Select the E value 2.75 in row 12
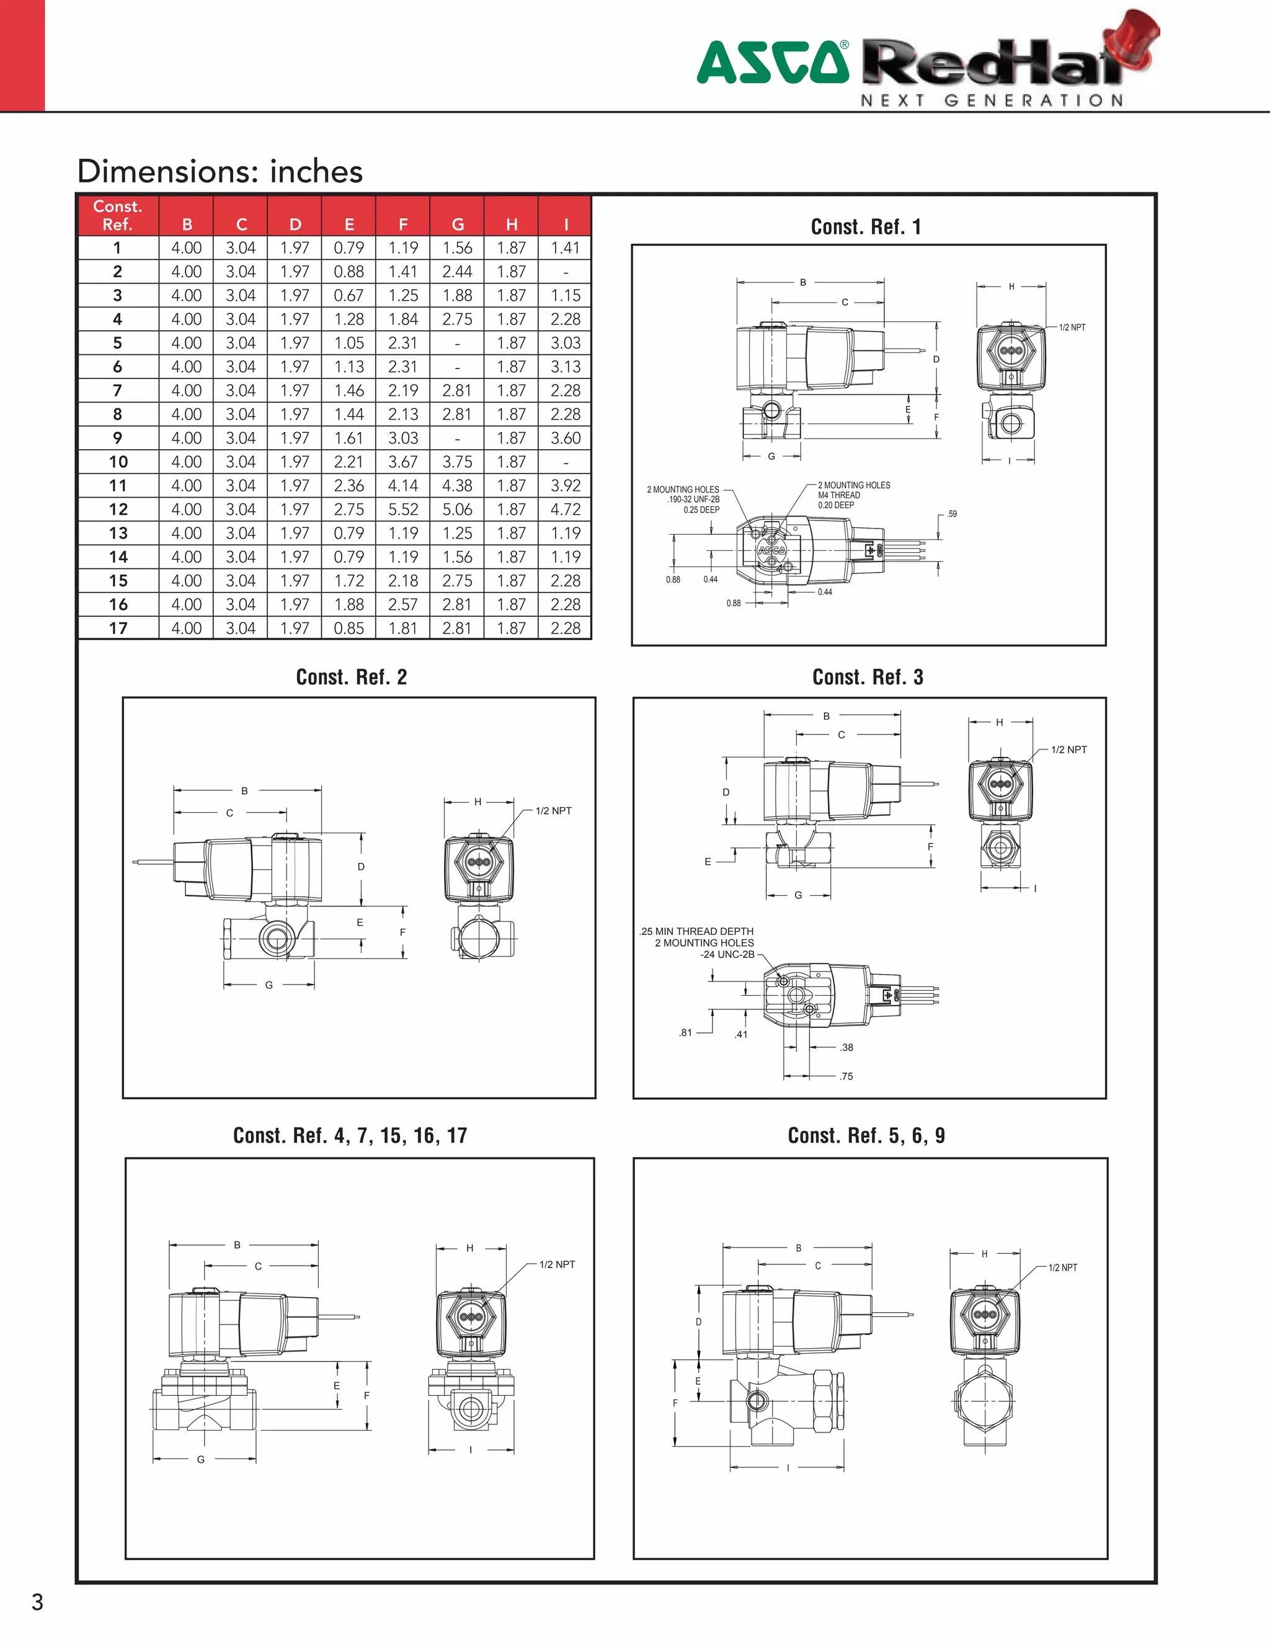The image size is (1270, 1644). coord(349,509)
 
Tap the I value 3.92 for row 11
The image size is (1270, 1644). coord(565,486)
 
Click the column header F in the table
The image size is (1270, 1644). coord(402,225)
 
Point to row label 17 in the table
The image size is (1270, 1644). coord(118,628)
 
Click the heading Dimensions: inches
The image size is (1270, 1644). coord(220,172)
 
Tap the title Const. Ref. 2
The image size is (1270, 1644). coord(352,677)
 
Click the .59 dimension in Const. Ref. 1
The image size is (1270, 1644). coord(952,514)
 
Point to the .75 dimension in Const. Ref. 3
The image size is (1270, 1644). coord(846,1076)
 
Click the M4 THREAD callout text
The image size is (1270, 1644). coord(839,495)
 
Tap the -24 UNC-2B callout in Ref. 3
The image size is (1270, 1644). coord(727,955)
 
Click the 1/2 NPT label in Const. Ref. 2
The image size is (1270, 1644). coord(553,811)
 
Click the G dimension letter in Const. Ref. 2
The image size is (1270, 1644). coord(269,985)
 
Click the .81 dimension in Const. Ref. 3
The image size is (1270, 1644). coord(685,1033)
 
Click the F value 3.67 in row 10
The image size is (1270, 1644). coord(402,462)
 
